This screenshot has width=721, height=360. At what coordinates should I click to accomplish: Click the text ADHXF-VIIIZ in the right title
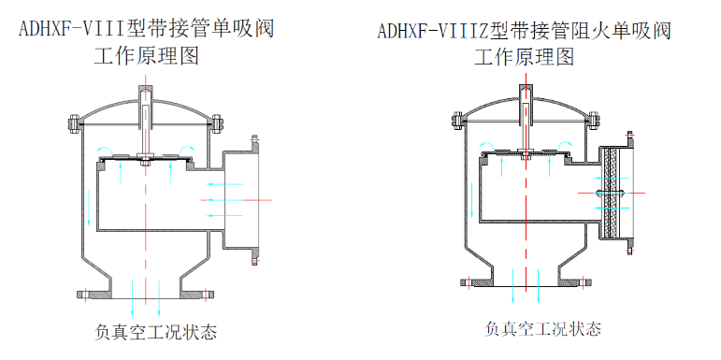pyautogui.click(x=433, y=31)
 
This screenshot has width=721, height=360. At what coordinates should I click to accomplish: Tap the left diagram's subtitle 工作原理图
pyautogui.click(x=146, y=57)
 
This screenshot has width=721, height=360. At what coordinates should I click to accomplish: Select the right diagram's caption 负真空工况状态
pyautogui.click(x=542, y=329)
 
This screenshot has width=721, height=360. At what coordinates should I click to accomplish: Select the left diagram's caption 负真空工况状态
pyautogui.click(x=155, y=332)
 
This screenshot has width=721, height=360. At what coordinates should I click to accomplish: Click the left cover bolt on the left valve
pyautogui.click(x=74, y=123)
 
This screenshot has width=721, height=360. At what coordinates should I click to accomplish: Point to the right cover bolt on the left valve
pyautogui.click(x=218, y=123)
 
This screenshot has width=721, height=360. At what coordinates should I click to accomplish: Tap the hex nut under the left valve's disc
pyautogui.click(x=145, y=162)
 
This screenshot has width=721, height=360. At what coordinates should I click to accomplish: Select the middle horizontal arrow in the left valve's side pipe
pyautogui.click(x=222, y=200)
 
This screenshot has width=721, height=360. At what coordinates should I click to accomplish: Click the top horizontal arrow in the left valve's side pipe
pyautogui.click(x=224, y=184)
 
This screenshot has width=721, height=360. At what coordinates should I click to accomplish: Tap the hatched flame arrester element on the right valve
pyautogui.click(x=613, y=194)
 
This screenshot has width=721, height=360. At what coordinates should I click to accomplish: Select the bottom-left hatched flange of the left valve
pyautogui.click(x=94, y=294)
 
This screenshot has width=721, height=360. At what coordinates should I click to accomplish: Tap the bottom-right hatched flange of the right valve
pyautogui.click(x=575, y=282)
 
